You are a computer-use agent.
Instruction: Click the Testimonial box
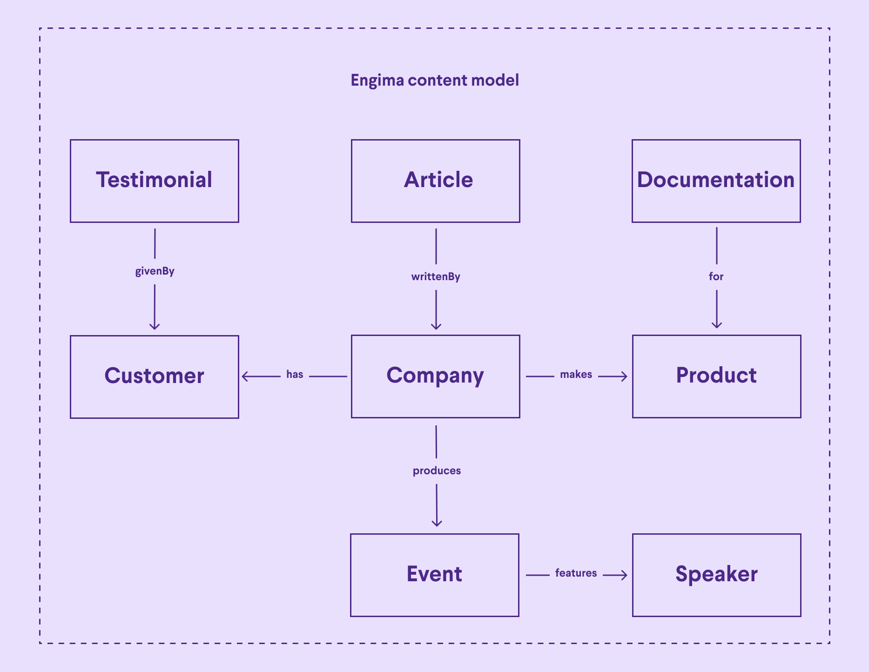154,181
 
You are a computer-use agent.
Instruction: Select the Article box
435,181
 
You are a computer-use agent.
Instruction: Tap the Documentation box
716,181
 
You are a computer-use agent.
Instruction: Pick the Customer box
154,376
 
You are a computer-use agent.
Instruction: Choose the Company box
435,376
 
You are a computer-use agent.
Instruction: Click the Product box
716,376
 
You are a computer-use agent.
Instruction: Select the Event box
434,575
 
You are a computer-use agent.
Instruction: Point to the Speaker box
716,575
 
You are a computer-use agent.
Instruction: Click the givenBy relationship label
155,271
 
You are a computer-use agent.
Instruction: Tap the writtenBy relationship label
436,277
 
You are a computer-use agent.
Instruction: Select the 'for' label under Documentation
716,277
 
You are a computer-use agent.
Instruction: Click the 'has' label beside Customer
295,375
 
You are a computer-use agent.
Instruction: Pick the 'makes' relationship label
576,375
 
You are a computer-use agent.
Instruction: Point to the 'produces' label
437,471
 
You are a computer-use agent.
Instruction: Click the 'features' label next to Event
576,573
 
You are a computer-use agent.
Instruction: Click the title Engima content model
434,81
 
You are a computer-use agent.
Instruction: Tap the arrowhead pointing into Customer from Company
245,376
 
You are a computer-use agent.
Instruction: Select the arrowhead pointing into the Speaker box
624,575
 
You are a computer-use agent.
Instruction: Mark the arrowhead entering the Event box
437,523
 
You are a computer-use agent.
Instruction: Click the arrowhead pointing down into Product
717,325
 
